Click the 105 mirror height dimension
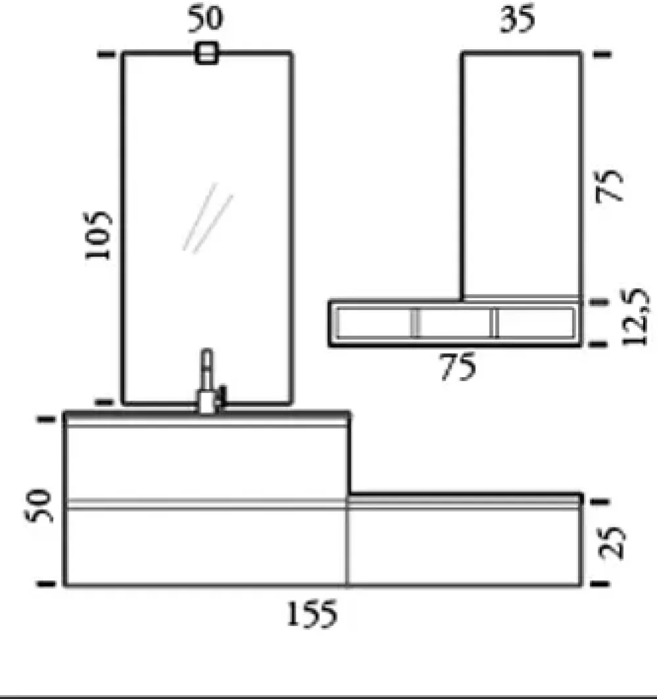[x=99, y=235]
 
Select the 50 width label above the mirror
[x=206, y=20]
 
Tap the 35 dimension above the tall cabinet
[x=517, y=20]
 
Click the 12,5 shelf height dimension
[x=636, y=317]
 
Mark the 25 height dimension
[x=612, y=543]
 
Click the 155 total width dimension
[x=312, y=614]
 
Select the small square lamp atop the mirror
[x=206, y=53]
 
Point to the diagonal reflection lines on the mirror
[x=208, y=217]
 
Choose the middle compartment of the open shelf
[x=455, y=323]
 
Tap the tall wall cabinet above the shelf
[x=522, y=174]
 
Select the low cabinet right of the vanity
[x=464, y=545]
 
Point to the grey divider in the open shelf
[x=415, y=323]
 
